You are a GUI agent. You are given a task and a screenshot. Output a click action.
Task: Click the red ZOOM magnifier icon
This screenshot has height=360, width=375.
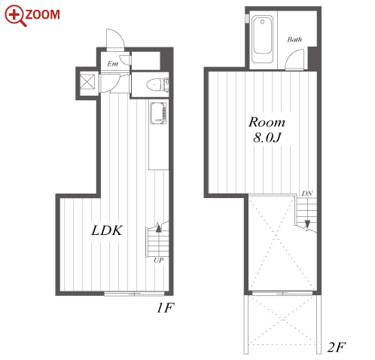(15, 16)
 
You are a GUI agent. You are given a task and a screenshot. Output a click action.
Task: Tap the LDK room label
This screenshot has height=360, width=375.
(107, 230)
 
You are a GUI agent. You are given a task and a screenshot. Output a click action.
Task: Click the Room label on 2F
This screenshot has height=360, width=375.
(267, 122)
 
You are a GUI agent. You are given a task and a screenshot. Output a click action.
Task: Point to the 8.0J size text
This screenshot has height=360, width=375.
(267, 137)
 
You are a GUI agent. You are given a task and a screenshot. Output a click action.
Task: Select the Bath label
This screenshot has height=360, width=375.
(294, 39)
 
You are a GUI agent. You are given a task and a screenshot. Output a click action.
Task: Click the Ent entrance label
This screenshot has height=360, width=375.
(113, 64)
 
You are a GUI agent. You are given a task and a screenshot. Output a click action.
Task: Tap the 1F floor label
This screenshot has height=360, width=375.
(165, 308)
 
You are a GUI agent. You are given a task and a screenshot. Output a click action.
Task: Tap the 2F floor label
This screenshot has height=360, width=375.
(337, 347)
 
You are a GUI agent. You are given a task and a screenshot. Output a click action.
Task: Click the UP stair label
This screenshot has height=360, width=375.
(158, 260)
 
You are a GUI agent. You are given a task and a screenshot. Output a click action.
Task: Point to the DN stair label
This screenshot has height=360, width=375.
(307, 194)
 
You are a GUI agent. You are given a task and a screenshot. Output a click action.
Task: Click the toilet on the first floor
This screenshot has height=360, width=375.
(155, 84)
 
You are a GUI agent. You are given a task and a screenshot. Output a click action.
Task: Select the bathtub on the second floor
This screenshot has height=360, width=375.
(262, 39)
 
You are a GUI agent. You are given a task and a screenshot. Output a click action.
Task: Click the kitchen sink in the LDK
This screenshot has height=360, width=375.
(158, 113)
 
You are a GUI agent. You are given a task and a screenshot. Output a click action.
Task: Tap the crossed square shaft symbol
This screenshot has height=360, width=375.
(87, 81)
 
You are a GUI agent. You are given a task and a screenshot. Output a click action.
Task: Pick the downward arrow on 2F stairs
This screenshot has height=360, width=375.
(307, 224)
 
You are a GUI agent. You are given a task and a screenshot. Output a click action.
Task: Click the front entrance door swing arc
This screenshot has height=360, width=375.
(119, 35)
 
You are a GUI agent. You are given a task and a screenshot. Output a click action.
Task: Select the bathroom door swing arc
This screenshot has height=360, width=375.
(294, 56)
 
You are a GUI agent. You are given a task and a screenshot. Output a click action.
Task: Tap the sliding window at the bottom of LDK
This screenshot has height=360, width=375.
(134, 294)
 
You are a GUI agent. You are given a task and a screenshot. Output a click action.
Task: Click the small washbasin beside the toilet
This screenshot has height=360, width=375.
(166, 84)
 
